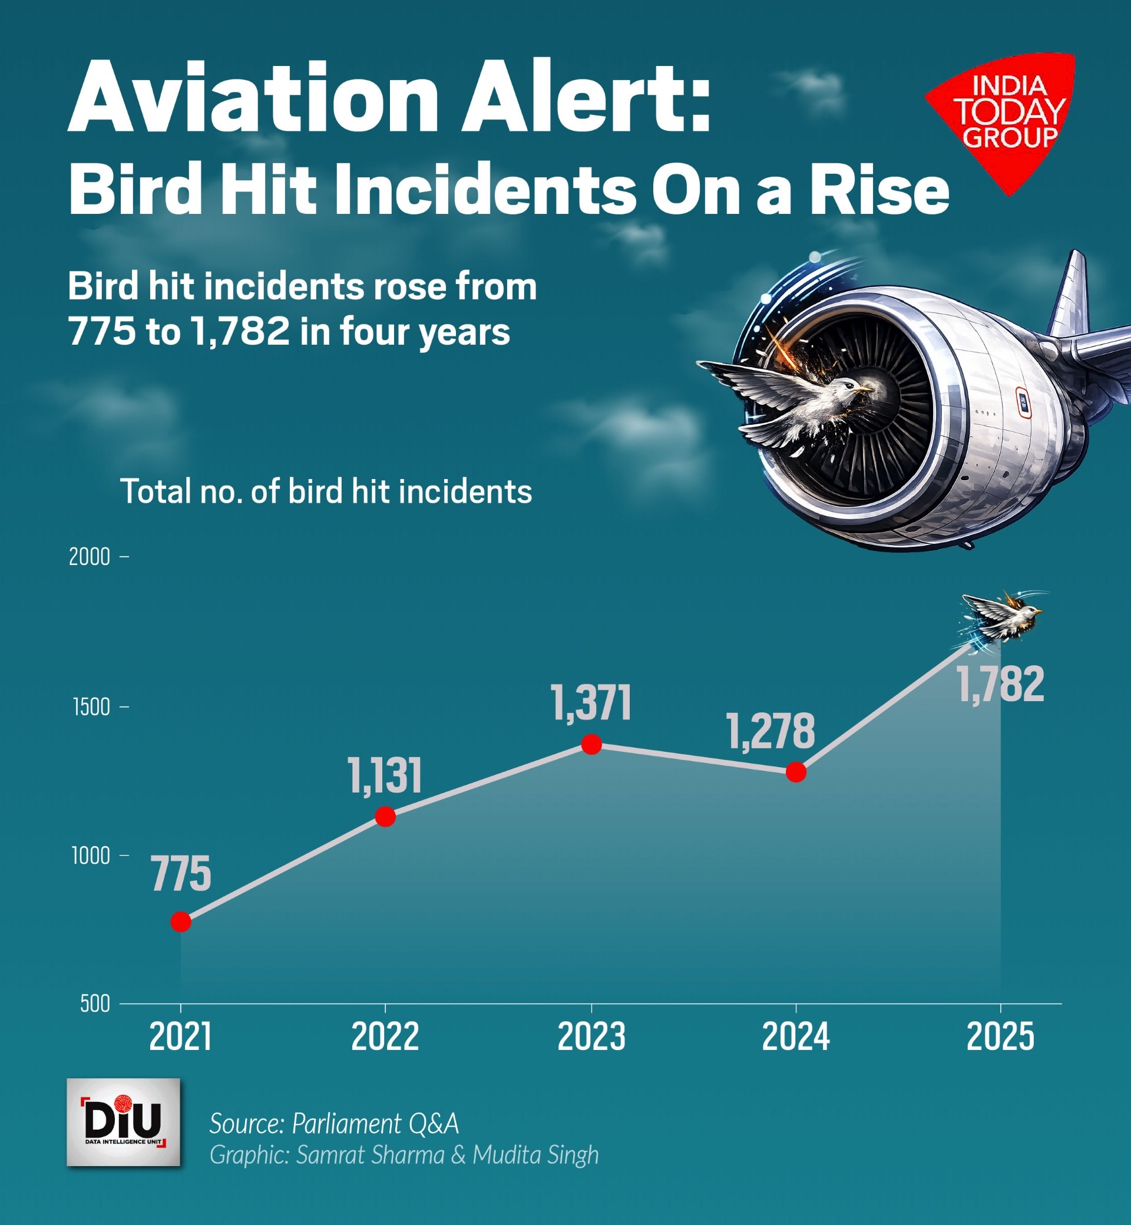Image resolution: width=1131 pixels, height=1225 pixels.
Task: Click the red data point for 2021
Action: [x=180, y=922]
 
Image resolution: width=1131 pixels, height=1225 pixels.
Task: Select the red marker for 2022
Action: [x=385, y=816]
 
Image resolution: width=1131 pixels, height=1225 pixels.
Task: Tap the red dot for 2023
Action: [x=591, y=744]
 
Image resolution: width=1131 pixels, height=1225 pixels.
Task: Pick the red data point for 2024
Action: [x=796, y=772]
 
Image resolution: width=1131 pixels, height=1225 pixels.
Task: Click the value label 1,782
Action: [x=1000, y=685]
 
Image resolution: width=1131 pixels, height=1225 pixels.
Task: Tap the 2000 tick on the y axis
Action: [x=90, y=557]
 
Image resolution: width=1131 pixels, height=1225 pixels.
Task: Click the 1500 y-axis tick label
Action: [x=91, y=707]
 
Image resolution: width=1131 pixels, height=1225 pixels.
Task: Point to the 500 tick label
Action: [x=95, y=1004]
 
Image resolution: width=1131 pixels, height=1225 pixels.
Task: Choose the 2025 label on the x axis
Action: [x=1000, y=1037]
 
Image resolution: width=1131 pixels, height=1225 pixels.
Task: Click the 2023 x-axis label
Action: [x=591, y=1037]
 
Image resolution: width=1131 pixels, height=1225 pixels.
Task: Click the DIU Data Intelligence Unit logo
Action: [x=123, y=1121]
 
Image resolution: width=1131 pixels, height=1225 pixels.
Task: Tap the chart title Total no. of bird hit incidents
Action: [x=326, y=491]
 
